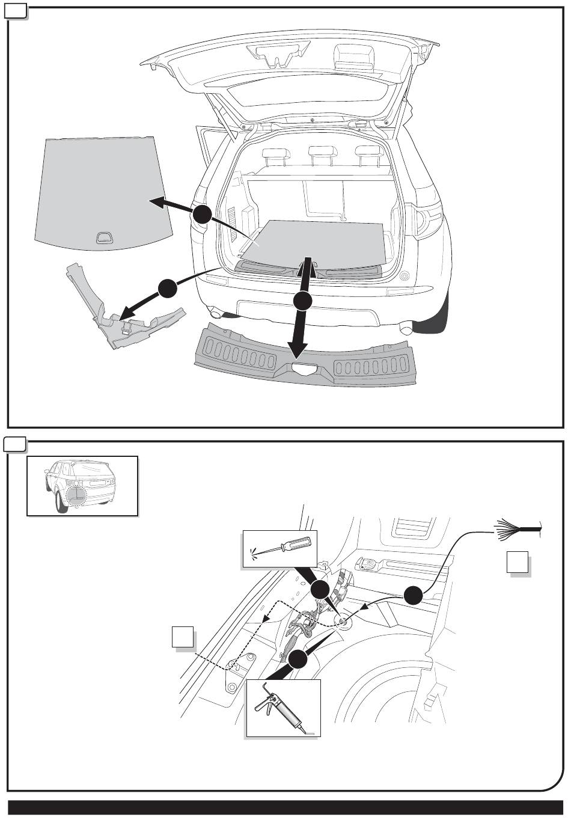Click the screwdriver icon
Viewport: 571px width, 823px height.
point(279,548)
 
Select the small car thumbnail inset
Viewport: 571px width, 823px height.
point(82,486)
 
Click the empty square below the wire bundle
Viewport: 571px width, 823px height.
point(517,562)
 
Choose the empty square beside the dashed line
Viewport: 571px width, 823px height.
point(183,637)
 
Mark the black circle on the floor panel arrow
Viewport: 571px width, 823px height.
point(202,215)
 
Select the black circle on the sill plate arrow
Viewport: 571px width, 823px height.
point(303,300)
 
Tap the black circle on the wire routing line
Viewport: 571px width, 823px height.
point(413,595)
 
